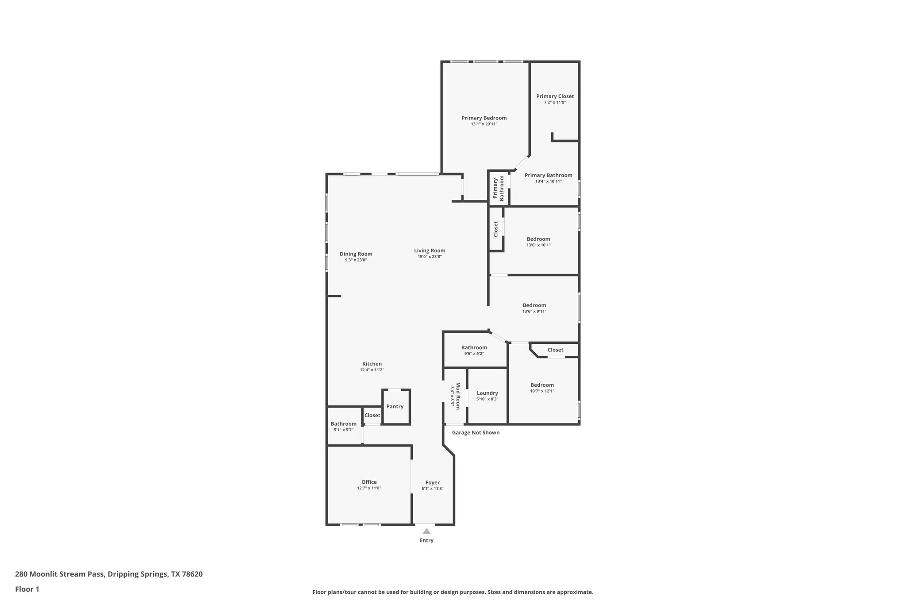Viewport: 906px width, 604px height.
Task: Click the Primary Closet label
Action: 555,96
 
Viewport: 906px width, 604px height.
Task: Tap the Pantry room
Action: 395,406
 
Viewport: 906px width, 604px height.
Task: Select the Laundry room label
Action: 487,393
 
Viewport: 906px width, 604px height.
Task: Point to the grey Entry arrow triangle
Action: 426,531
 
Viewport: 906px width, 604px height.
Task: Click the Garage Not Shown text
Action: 476,432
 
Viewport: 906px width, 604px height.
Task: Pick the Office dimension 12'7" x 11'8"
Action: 369,488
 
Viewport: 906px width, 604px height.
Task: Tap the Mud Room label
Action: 458,396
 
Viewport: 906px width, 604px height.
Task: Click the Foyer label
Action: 432,482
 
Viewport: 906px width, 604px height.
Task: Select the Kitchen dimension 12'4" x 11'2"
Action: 372,370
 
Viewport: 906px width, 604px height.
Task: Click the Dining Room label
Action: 356,254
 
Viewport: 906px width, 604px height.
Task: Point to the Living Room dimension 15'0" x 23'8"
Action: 430,257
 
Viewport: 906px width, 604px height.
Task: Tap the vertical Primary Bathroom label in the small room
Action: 498,188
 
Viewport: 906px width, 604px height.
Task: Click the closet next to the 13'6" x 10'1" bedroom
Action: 495,229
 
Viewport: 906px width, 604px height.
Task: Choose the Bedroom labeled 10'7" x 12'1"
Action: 542,385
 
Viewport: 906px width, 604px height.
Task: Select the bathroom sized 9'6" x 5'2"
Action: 474,347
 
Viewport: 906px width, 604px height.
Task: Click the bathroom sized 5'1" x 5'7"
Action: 343,423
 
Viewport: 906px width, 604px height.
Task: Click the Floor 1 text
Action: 27,589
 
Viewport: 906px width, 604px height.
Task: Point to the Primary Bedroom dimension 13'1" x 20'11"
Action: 484,124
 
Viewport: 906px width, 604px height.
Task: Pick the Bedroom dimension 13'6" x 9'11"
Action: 534,311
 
